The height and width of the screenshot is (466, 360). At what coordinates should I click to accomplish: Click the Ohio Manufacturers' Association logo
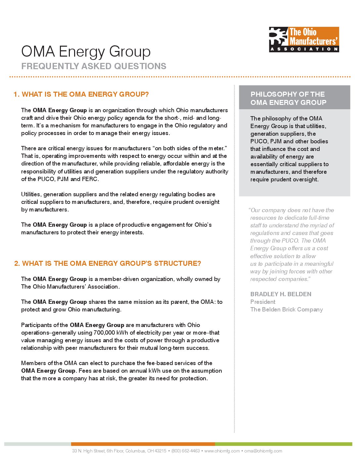tap(304, 39)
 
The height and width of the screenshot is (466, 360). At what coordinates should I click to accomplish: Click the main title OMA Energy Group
tap(86, 52)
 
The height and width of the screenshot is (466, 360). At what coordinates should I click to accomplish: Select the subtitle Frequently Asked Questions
tap(94, 66)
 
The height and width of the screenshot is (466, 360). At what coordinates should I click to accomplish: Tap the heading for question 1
tap(81, 94)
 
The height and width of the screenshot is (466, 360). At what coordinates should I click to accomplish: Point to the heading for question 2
tap(108, 263)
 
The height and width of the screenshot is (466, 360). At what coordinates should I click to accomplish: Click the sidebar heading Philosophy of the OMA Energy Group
tap(288, 98)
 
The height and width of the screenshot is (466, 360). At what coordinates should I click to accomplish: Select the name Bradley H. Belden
tap(281, 294)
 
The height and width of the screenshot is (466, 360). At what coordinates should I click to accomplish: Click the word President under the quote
tap(263, 302)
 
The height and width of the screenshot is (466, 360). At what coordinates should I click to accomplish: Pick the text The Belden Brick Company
tap(286, 309)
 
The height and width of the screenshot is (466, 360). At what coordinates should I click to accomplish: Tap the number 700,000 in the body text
tap(104, 333)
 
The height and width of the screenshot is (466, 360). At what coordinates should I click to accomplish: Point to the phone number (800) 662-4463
tap(185, 451)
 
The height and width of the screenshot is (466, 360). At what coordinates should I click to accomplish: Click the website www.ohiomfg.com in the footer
tap(222, 451)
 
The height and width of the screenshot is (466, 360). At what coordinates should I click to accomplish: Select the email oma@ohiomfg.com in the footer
tap(263, 451)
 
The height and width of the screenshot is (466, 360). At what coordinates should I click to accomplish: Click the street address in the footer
tap(119, 451)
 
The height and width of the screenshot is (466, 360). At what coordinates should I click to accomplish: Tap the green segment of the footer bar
tap(283, 444)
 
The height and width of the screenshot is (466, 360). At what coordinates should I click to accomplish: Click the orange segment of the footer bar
tap(143, 444)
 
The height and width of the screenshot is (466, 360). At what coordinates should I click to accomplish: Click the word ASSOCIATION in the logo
tap(304, 49)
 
